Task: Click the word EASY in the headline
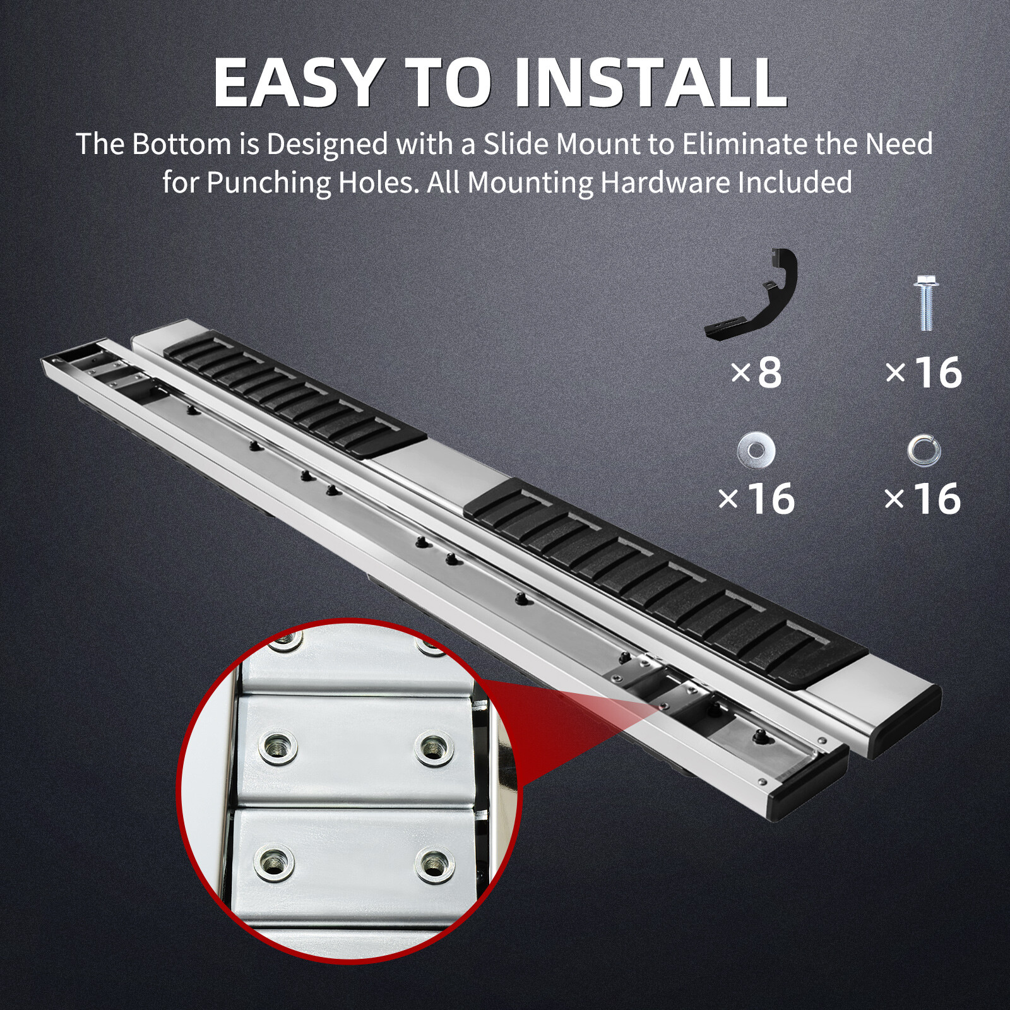click(297, 83)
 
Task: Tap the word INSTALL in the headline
click(650, 83)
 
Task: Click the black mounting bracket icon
click(751, 294)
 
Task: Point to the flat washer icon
click(756, 450)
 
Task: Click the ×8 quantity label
click(756, 372)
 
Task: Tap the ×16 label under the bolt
click(924, 372)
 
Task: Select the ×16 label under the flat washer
click(756, 499)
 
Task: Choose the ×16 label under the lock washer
click(922, 499)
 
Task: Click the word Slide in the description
click(516, 145)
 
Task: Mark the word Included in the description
click(795, 183)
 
